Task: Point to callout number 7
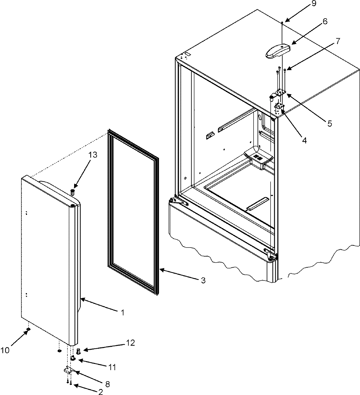point(338,41)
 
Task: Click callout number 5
point(329,123)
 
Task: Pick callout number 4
point(304,140)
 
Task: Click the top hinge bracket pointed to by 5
point(279,94)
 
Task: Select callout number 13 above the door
point(93,155)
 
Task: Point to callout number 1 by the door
point(122,313)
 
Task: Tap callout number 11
point(112,367)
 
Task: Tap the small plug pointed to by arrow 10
point(28,329)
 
